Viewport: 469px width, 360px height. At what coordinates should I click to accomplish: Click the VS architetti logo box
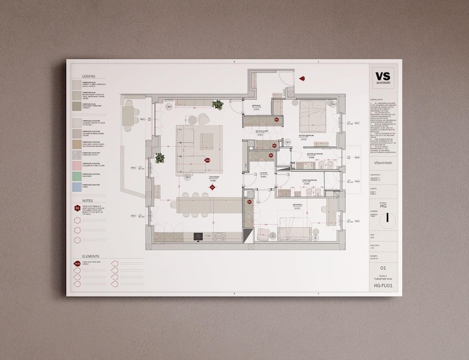click(383, 78)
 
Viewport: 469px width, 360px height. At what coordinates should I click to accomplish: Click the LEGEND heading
click(89, 77)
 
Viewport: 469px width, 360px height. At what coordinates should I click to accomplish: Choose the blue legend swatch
click(77, 186)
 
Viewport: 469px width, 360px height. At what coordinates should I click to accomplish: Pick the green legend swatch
click(77, 175)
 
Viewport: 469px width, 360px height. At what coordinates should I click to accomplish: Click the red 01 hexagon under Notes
click(77, 208)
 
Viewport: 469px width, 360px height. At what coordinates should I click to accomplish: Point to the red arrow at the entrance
click(301, 78)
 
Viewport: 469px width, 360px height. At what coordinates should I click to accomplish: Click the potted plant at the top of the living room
click(217, 105)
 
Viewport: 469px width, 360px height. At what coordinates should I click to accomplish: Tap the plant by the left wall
click(159, 158)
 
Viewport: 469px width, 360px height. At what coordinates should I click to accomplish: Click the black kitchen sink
click(198, 236)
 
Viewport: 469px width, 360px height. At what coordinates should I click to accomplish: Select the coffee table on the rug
click(207, 141)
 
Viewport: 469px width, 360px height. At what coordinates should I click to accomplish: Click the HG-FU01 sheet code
click(383, 285)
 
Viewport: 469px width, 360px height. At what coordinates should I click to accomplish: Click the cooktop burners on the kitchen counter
click(219, 237)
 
